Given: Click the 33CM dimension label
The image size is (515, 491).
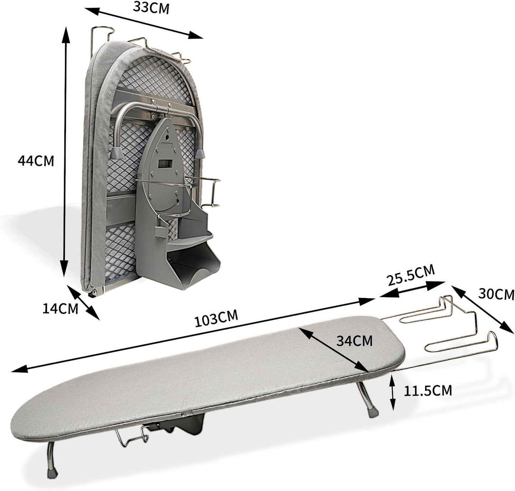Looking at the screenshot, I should (x=151, y=7).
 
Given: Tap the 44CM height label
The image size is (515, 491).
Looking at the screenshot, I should (x=36, y=161).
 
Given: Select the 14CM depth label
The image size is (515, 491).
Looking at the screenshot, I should (x=60, y=308).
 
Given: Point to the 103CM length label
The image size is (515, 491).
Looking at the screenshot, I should (x=216, y=318).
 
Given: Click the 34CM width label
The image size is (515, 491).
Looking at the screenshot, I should (x=354, y=341).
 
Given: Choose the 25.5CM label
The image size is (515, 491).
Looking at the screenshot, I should (x=411, y=275).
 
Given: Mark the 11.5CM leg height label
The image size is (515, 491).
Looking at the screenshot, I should (x=427, y=391).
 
